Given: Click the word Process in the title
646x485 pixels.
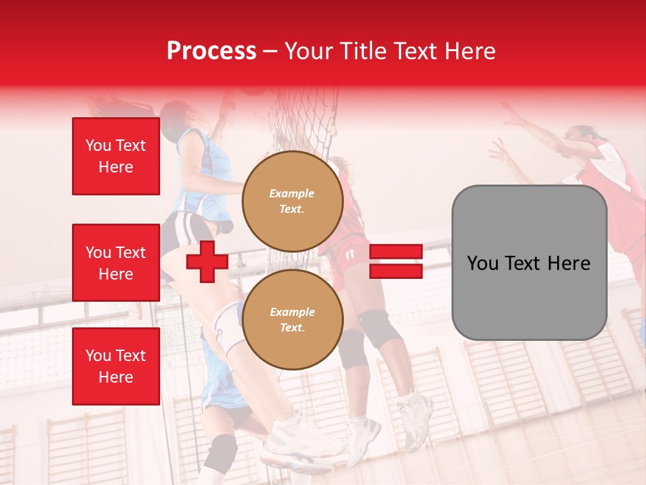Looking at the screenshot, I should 211,51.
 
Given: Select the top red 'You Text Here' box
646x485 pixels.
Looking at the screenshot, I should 116,156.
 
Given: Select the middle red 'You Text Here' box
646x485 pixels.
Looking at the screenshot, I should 116,263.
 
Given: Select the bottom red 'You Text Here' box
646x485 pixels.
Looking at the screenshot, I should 116,366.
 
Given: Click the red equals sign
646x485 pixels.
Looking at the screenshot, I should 396,261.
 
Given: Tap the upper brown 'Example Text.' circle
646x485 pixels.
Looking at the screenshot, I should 293,201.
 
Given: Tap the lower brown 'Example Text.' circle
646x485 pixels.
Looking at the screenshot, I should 293,320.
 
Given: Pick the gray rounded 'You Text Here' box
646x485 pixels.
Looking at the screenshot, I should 529,263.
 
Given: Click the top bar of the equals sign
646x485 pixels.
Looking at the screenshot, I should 396,252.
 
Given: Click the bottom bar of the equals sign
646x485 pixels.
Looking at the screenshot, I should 396,271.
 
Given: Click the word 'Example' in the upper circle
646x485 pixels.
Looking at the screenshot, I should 292,194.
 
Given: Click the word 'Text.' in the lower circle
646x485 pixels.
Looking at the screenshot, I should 292,327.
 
